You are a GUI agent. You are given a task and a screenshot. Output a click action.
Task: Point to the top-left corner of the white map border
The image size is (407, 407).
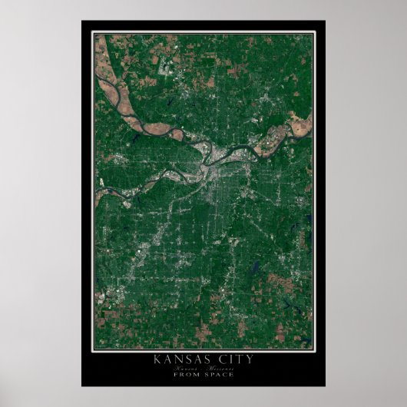(x=93, y=32)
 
